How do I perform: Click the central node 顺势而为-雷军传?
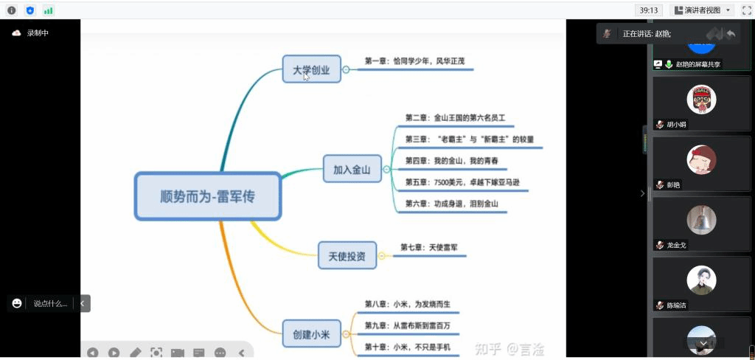pos(208,196)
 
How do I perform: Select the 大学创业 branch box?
pos(311,71)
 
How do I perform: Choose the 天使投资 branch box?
pos(347,257)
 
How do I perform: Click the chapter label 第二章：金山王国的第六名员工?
pos(455,117)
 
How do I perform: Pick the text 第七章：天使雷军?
pos(429,248)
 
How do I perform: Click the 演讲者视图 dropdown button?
pos(702,10)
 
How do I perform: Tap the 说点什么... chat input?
pos(49,303)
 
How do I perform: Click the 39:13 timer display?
pos(649,10)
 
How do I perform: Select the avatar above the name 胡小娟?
pos(701,100)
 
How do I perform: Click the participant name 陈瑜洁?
pos(676,305)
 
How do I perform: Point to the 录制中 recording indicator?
pos(37,33)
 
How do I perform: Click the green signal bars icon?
pos(48,10)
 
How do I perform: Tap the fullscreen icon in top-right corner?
pos(746,10)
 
